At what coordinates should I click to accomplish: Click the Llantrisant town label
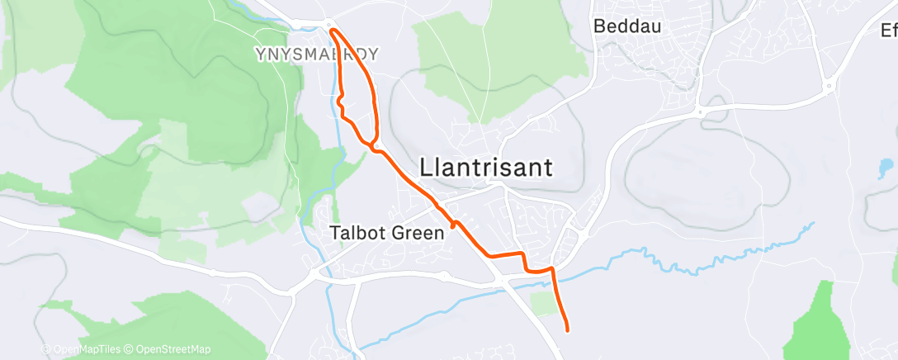click(x=485, y=167)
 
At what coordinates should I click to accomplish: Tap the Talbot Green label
click(x=387, y=233)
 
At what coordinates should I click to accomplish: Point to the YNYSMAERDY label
click(x=316, y=54)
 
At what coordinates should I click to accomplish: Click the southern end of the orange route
click(x=568, y=330)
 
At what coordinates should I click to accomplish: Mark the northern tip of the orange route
click(x=332, y=31)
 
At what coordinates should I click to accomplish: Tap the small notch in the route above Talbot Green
click(x=453, y=223)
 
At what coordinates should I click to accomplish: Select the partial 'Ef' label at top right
click(x=888, y=31)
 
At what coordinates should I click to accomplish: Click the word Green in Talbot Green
click(x=420, y=233)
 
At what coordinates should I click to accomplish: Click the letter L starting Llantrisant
click(x=426, y=167)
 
